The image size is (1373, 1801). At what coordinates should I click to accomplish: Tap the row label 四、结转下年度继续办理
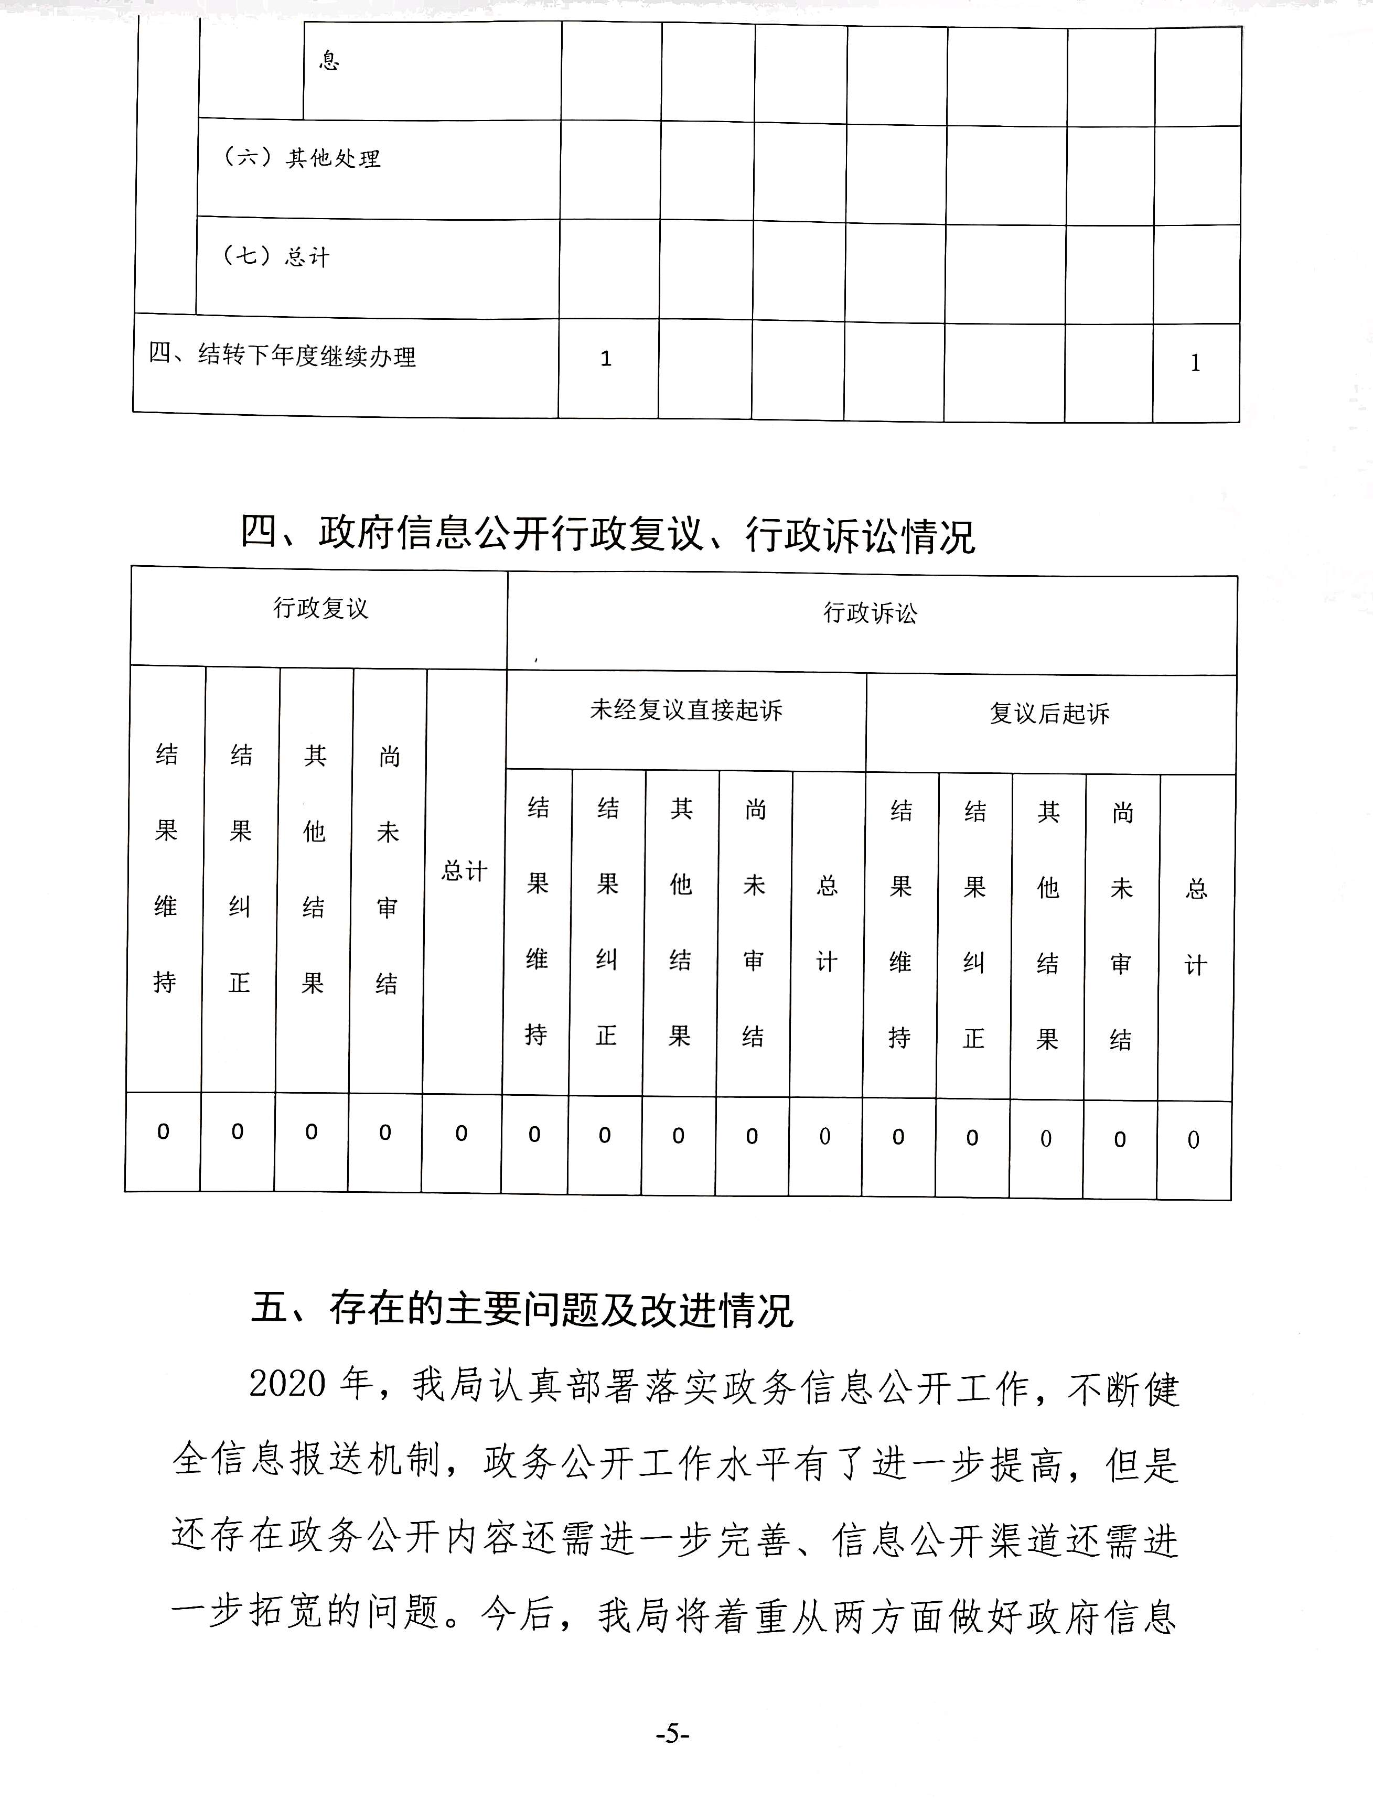[283, 355]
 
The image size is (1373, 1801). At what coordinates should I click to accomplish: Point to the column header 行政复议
[320, 609]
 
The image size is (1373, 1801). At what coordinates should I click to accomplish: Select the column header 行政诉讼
[871, 613]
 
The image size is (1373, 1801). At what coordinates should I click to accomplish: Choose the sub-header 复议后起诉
[1049, 714]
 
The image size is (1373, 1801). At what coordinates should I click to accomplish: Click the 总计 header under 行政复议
[464, 871]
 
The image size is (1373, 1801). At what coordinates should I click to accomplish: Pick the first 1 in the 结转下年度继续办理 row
[606, 359]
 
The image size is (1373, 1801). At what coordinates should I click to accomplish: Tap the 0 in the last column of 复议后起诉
[1193, 1139]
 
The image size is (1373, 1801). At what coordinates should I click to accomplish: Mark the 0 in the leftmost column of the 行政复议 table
[164, 1132]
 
